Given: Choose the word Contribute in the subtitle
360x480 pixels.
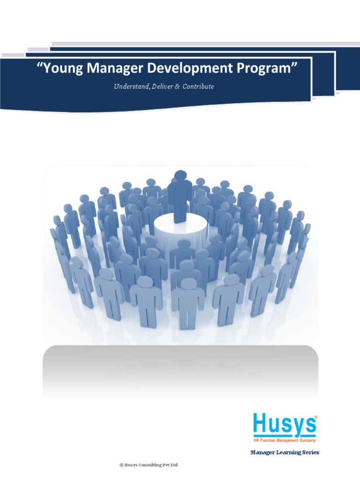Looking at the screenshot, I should coord(198,87).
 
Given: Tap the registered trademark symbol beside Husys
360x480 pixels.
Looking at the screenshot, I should coord(315,416).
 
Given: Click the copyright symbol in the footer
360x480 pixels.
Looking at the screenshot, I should coord(121,465).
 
